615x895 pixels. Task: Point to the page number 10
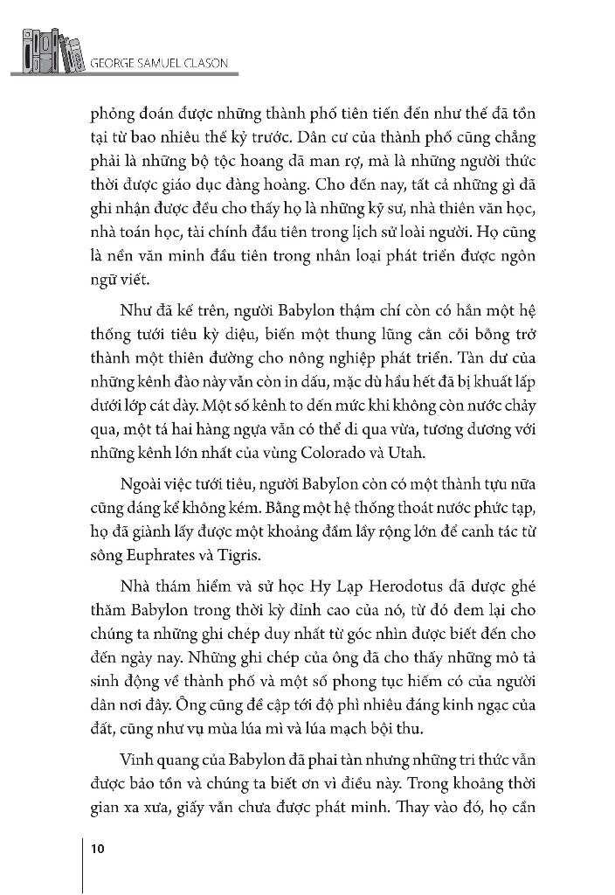[98, 847]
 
